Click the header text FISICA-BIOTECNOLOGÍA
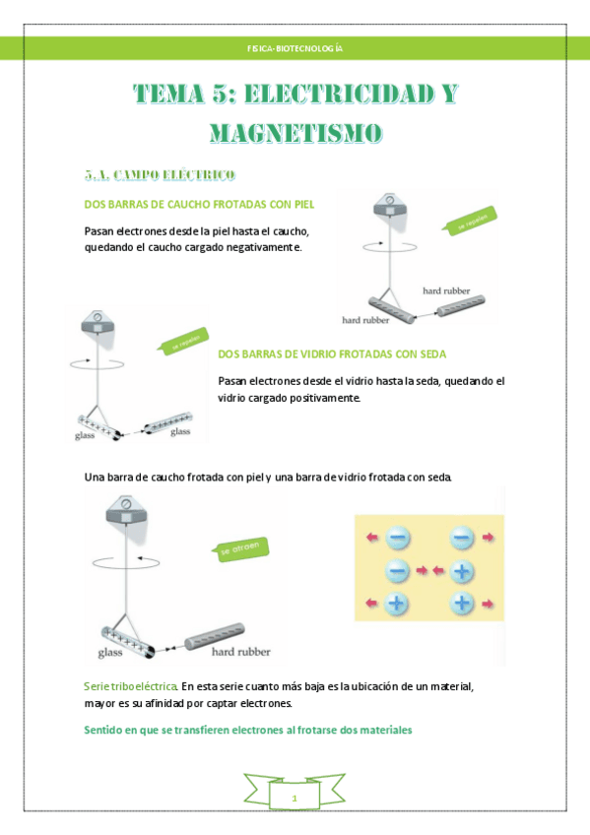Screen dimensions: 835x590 click(295, 48)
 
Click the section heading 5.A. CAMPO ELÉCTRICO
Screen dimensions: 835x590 click(160, 175)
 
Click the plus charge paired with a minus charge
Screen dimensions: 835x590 click(462, 570)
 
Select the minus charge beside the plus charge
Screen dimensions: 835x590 click(397, 570)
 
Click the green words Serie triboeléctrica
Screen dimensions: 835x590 click(131, 684)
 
